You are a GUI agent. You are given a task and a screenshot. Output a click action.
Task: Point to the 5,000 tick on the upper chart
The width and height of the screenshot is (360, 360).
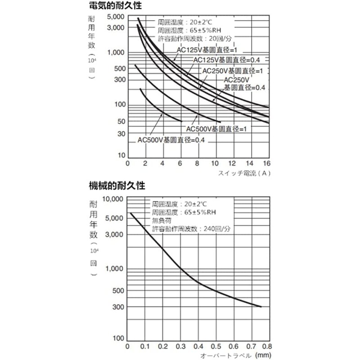(117, 17)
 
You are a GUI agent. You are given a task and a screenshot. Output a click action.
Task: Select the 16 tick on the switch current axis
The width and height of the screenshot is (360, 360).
(266, 163)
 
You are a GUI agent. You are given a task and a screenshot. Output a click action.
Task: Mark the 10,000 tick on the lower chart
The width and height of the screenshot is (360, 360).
(111, 198)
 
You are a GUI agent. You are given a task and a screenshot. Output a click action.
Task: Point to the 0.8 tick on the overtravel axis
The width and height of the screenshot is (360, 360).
(266, 346)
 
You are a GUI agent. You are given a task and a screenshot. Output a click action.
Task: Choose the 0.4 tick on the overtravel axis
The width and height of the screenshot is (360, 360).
(197, 346)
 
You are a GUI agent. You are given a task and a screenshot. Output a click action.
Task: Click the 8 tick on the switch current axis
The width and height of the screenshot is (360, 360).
(197, 163)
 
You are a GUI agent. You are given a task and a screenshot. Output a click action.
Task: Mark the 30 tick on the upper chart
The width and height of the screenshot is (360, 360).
(121, 134)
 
